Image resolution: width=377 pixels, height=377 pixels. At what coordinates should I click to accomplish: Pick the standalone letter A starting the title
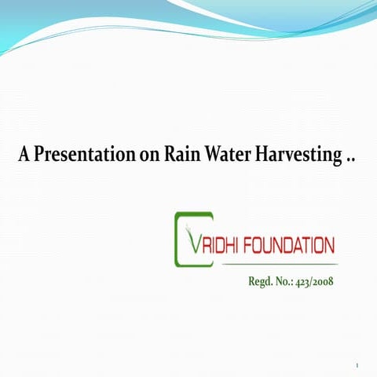coord(24,155)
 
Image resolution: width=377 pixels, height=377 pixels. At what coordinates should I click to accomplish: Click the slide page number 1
coord(357,366)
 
